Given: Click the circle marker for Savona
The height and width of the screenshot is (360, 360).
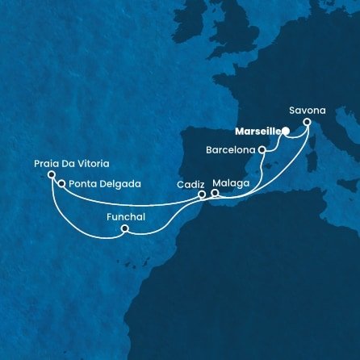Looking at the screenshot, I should pos(307,123).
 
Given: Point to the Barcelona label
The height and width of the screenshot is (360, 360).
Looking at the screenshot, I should pos(231,149).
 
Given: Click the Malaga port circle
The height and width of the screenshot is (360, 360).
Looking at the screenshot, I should pos(215,193).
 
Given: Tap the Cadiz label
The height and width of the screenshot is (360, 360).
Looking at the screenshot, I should pos(190,184).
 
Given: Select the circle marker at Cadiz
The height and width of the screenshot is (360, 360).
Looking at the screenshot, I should pos(202,194).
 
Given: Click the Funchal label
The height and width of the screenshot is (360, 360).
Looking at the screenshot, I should pos(123,216).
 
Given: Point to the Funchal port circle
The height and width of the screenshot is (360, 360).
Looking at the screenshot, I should pos(124,229).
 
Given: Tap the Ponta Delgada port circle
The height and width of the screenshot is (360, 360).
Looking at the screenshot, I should pos(61,183).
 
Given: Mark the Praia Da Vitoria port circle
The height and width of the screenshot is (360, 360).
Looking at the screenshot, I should pos(51,174).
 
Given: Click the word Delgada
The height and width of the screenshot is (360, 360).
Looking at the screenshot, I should pos(120,184).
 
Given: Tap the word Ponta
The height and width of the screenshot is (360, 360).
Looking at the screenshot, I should pos(83,184).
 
